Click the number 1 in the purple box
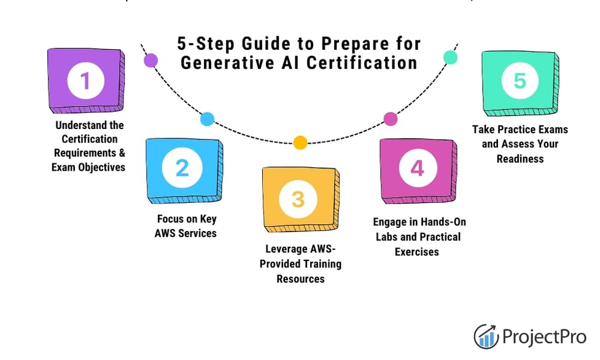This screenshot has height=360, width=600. click(85, 81)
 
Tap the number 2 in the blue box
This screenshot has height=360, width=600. click(182, 168)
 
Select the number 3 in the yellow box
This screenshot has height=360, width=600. click(298, 198)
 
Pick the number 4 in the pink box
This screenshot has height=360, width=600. click(417, 168)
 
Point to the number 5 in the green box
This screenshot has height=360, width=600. click(520, 81)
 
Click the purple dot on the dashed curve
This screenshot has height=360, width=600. click(150, 60)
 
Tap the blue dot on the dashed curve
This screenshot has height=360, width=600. click(207, 119)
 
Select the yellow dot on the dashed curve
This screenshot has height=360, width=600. click(300, 143)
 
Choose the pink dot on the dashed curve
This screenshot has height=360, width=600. click(391, 119)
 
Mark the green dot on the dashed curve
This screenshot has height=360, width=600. click(450, 57)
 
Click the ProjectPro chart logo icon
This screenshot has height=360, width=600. click(486, 336)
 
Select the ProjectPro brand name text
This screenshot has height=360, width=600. click(544, 337)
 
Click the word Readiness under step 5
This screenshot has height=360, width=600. click(521, 158)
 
